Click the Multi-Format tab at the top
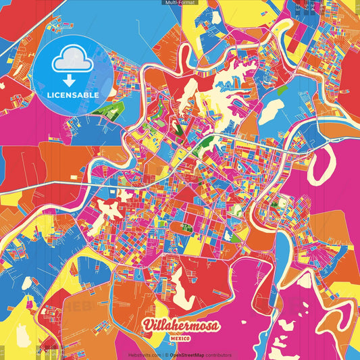pyautogui.click(x=180, y=3)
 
